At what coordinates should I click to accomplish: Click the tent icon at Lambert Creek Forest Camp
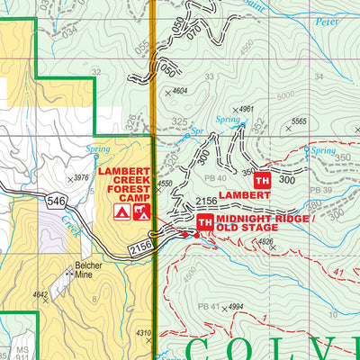[121, 212]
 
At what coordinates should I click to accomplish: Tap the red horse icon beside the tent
[139, 212]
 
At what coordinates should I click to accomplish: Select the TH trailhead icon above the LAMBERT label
[263, 178]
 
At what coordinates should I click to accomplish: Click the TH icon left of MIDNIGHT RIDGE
[204, 222]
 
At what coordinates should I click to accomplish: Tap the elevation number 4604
[180, 91]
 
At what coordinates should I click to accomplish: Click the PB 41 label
[207, 308]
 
